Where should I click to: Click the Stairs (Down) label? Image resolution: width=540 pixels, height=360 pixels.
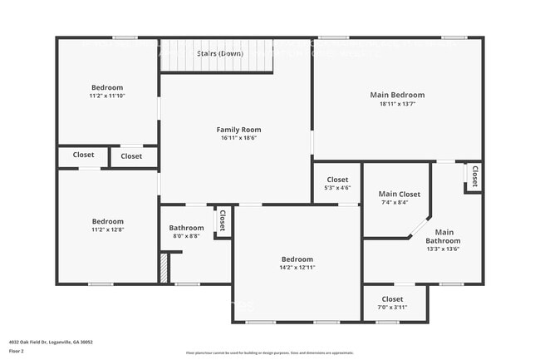[220, 53]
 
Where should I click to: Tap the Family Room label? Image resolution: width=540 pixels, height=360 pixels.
[238, 130]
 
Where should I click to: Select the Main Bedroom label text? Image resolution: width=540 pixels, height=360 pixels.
[396, 95]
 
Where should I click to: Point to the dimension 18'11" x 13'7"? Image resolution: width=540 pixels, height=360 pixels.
[396, 104]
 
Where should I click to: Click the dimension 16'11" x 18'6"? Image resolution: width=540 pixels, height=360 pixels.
[238, 139]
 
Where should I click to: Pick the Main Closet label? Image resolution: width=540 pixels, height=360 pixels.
[399, 194]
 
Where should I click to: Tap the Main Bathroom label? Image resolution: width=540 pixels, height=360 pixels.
[444, 236]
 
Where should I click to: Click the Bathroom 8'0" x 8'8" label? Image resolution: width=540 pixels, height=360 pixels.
[186, 228]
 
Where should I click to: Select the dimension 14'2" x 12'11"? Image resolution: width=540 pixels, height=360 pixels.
[297, 268]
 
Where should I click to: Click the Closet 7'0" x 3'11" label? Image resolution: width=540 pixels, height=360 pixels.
[392, 299]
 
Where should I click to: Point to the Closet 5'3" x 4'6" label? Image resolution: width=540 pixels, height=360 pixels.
[337, 180]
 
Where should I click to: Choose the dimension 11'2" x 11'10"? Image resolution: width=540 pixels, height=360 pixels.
[107, 96]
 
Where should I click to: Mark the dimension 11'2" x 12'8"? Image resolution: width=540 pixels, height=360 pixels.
[107, 230]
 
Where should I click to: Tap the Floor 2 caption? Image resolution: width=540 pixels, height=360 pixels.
[17, 352]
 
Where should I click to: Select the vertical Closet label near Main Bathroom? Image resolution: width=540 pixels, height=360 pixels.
[474, 176]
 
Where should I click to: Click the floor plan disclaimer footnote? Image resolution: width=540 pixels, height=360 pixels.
[270, 353]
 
